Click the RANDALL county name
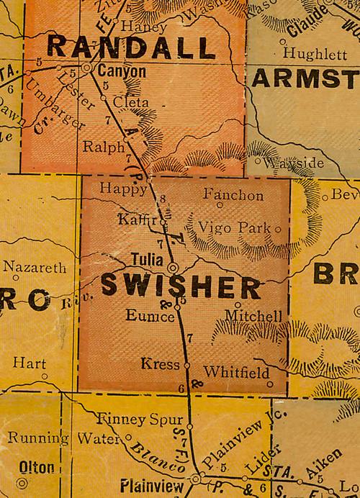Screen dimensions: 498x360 pyautogui.click(x=131, y=47)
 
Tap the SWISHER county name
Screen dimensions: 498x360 pyautogui.click(x=180, y=288)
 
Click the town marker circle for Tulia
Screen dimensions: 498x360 pyautogui.click(x=173, y=268)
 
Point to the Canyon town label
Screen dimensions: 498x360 pyautogui.click(x=121, y=71)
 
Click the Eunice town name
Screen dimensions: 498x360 pyautogui.click(x=150, y=315)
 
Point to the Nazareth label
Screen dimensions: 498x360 pyautogui.click(x=35, y=267)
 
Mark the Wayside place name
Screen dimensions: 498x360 pyautogui.click(x=294, y=163)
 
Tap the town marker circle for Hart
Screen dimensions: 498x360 pyautogui.click(x=44, y=376)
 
